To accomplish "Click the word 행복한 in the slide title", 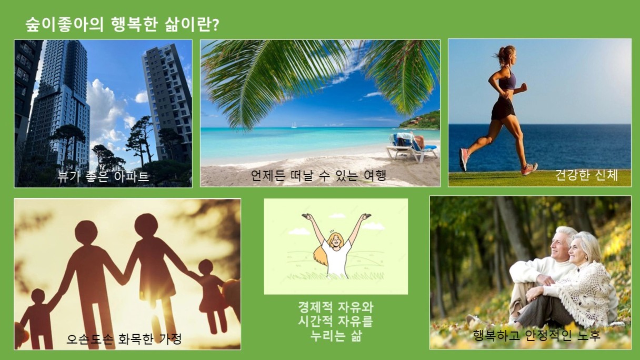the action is (x=134, y=25).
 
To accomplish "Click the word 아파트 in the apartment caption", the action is (x=132, y=176).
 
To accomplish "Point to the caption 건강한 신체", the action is (x=586, y=175).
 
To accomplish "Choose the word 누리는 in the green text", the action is (x=328, y=335).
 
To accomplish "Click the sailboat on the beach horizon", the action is (x=294, y=125).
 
